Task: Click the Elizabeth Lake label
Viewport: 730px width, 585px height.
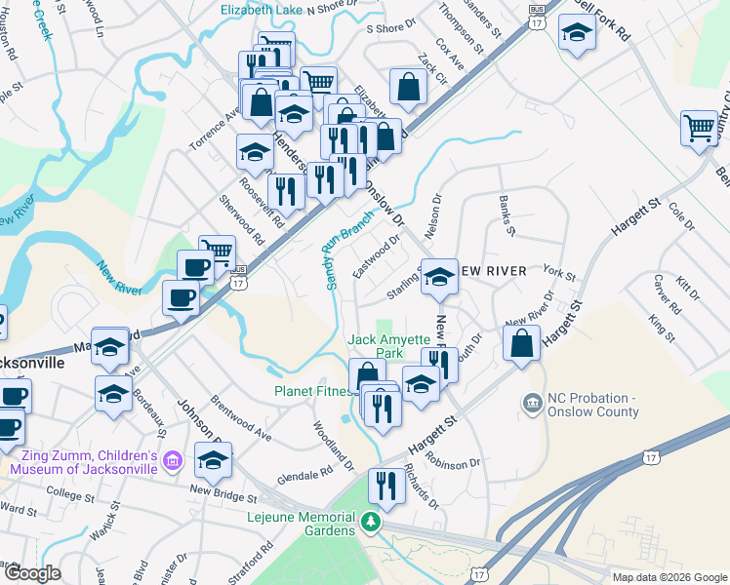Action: point(261,10)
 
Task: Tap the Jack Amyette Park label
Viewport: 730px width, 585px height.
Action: point(389,346)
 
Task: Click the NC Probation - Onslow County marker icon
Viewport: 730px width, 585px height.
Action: point(532,402)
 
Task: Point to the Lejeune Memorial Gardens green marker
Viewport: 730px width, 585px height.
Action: point(370,522)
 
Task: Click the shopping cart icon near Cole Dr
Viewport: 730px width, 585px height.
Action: point(700,127)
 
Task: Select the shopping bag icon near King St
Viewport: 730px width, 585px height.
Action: point(522,341)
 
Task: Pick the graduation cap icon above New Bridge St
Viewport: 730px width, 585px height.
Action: point(213,460)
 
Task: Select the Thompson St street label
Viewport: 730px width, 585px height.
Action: point(462,25)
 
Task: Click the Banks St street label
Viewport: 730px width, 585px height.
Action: point(507,216)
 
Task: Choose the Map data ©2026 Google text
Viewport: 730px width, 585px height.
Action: point(669,577)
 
